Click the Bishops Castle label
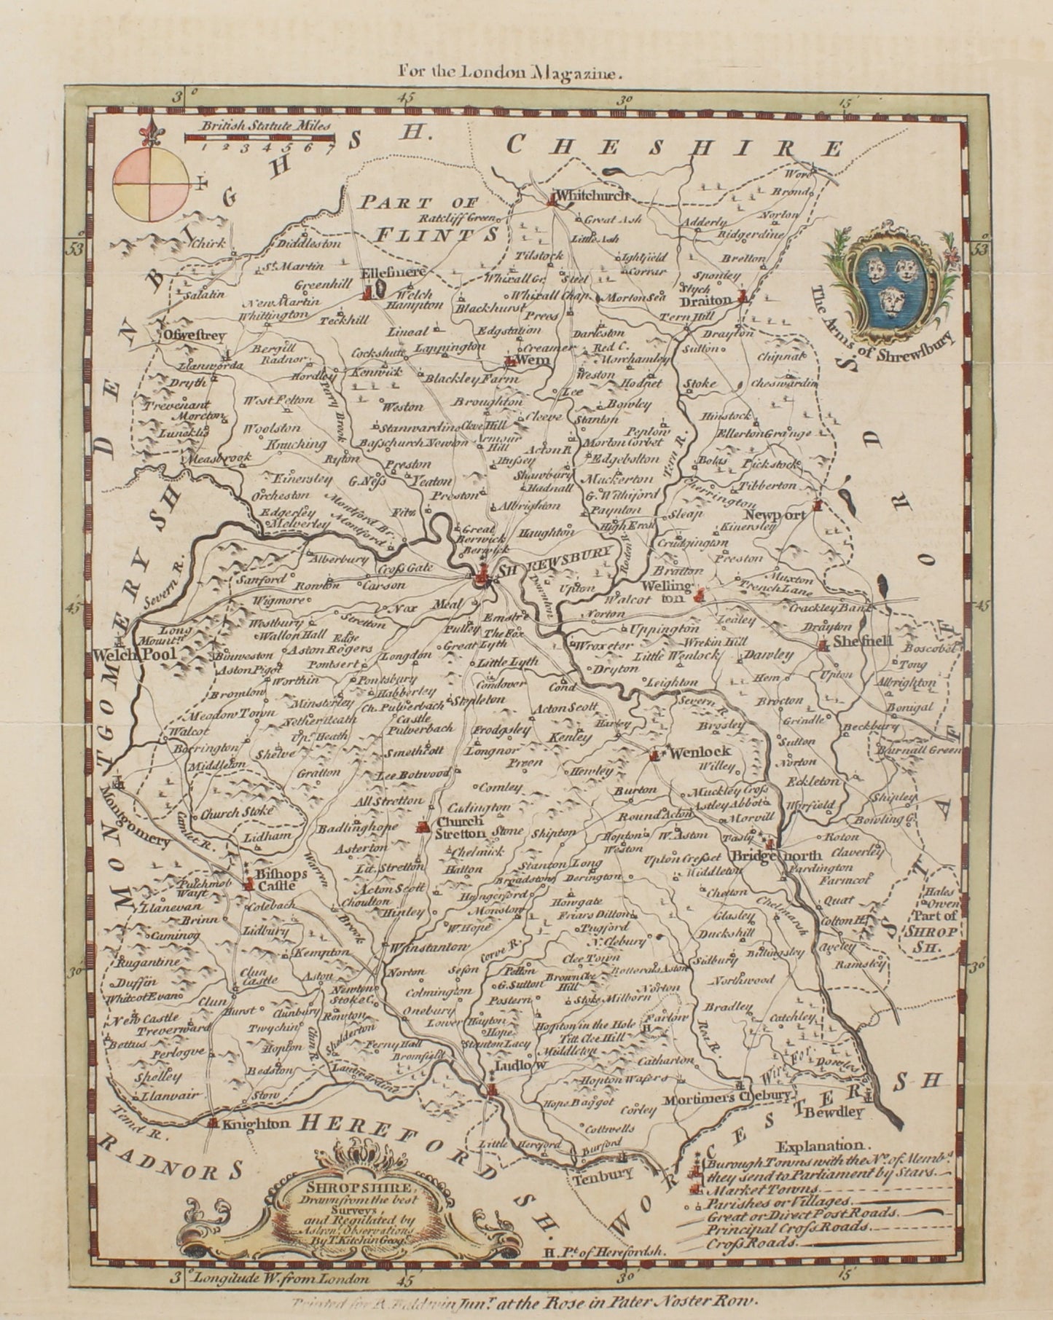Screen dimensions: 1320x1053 pos(273,879)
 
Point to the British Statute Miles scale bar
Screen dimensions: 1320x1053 pos(259,137)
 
